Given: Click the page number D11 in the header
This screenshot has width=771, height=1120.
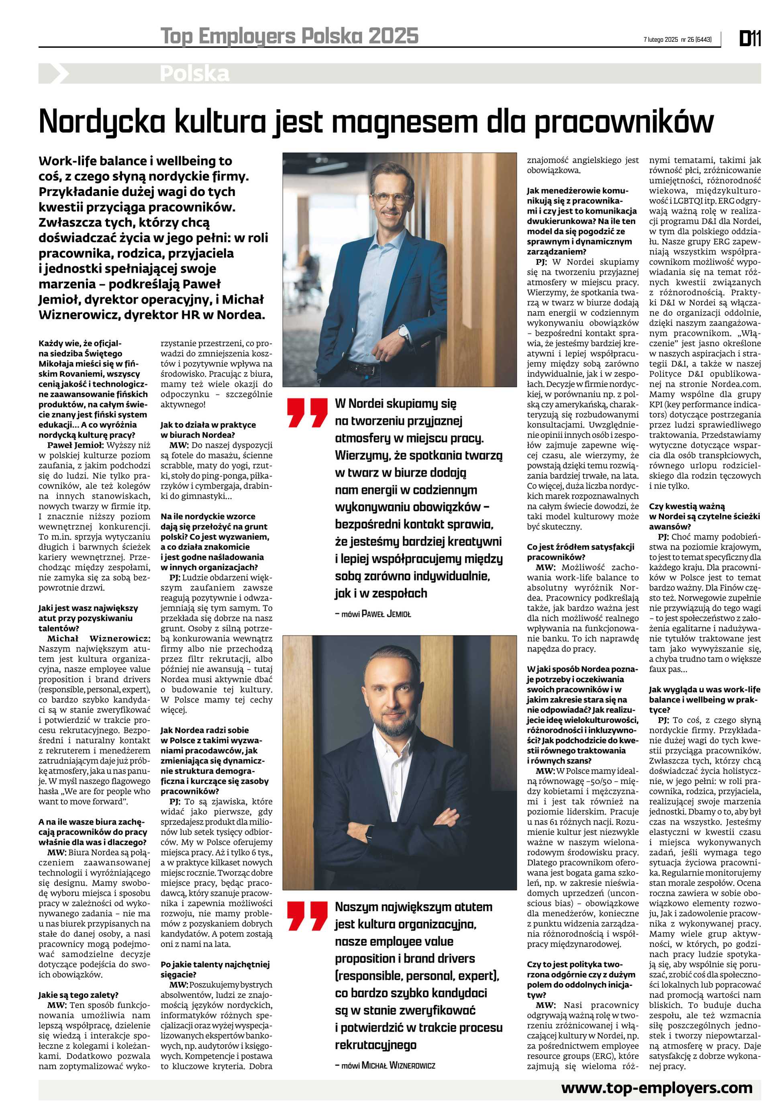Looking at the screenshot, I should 750,39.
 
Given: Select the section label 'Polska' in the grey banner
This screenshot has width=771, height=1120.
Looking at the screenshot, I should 195,74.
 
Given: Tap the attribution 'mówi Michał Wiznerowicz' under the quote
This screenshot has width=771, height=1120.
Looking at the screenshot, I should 385,1065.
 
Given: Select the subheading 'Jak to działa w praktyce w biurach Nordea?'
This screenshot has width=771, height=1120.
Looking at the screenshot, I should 208,429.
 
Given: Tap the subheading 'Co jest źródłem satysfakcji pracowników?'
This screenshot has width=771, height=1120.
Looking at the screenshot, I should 580,552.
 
